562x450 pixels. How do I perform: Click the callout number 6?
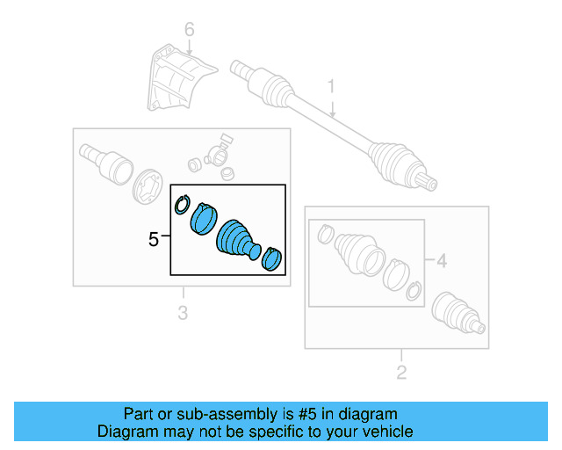[x=188, y=32]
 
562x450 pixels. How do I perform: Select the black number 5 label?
[x=154, y=238]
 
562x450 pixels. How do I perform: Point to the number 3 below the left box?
[x=183, y=313]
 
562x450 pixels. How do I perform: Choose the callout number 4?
[x=442, y=260]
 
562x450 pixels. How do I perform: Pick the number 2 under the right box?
[x=401, y=373]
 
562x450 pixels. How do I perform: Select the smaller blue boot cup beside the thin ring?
[x=204, y=217]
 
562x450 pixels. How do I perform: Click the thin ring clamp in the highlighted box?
[x=182, y=204]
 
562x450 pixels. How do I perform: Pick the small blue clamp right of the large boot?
[x=273, y=258]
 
